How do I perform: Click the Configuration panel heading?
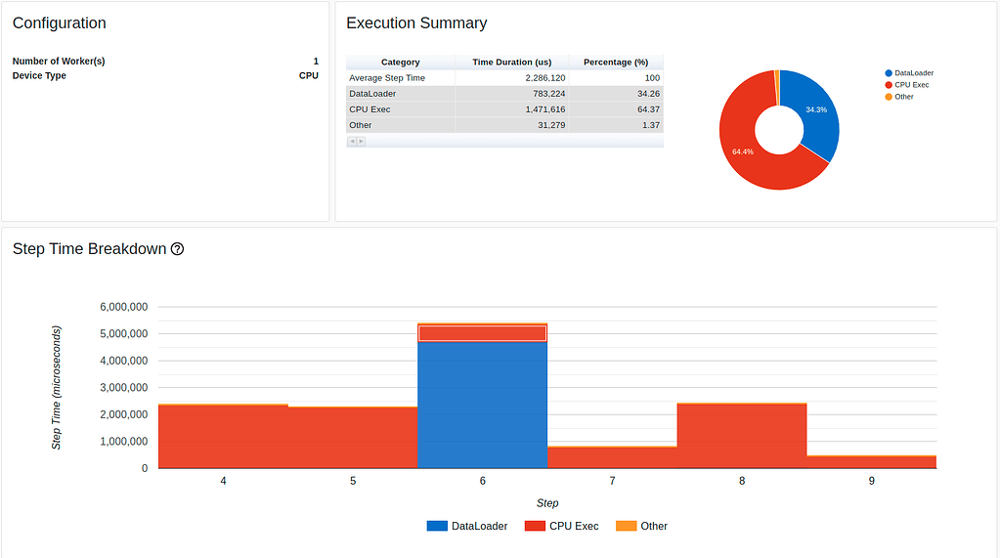60,23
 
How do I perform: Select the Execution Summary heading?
416,23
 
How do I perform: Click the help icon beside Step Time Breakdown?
177,249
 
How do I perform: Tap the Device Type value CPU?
308,75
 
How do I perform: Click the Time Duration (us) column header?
511,62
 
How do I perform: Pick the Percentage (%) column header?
616,62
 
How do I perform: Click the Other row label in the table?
361,125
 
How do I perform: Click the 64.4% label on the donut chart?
743,151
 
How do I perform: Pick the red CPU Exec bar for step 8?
741,436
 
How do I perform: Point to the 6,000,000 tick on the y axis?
124,307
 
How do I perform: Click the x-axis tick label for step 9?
871,482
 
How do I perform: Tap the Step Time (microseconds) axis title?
57,388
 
